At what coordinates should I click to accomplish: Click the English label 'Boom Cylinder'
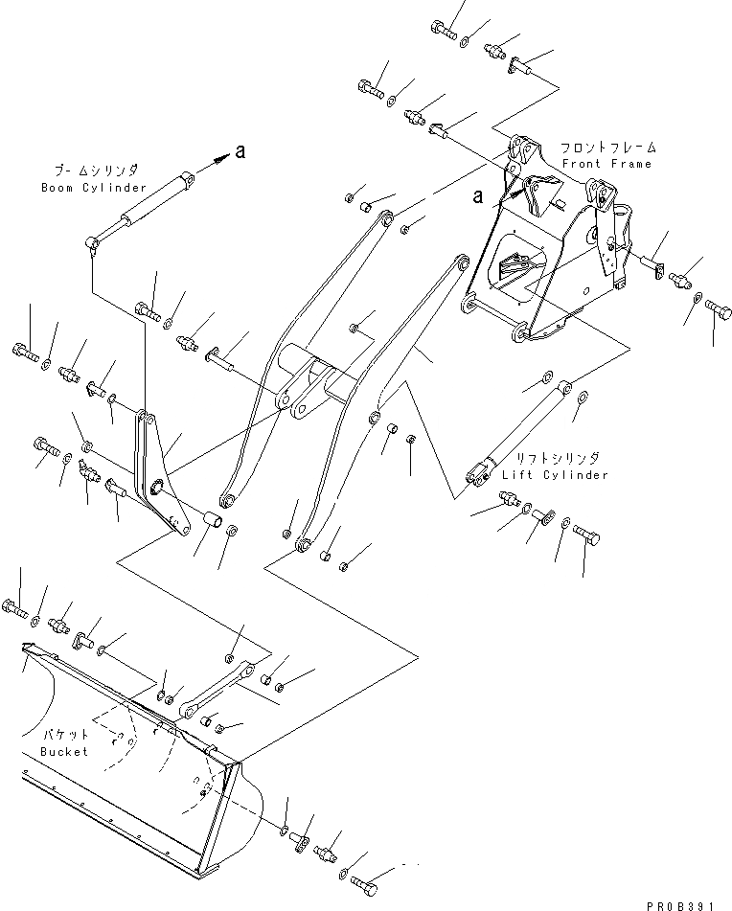click(94, 188)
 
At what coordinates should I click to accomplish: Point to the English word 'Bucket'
click(64, 752)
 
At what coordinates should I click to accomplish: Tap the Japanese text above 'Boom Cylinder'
click(94, 170)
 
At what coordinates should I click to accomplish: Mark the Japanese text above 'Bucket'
click(65, 734)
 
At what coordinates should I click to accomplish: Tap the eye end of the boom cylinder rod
click(94, 246)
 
